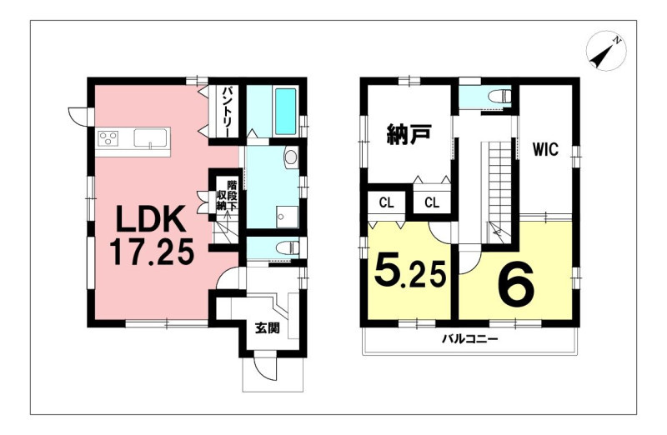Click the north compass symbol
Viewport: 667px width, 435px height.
tap(606, 51)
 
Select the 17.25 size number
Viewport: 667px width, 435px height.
tap(152, 252)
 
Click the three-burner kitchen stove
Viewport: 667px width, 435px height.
tap(108, 138)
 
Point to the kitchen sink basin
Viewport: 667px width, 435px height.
tap(152, 138)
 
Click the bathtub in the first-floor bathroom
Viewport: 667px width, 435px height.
tap(285, 112)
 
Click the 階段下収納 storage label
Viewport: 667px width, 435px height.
tap(226, 196)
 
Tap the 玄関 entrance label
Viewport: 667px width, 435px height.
tap(267, 328)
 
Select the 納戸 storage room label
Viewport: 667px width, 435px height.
tap(409, 134)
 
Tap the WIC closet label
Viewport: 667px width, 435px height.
tap(545, 150)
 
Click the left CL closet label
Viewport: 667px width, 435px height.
tap(386, 202)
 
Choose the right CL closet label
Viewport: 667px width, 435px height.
tap(432, 202)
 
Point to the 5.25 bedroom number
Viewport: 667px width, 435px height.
tap(410, 272)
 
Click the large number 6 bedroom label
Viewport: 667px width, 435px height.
tap(516, 283)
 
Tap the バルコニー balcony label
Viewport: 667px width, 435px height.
tap(469, 339)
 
